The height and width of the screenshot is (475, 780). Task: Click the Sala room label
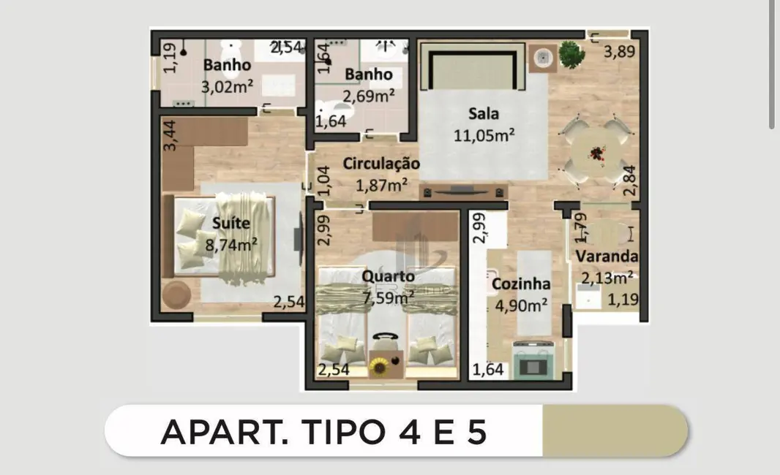pyautogui.click(x=483, y=114)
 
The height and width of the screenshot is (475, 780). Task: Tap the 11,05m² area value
pyautogui.click(x=483, y=134)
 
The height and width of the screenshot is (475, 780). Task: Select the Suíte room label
pyautogui.click(x=230, y=223)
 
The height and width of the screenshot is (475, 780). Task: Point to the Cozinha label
pyautogui.click(x=521, y=284)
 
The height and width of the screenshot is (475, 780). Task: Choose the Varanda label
pyautogui.click(x=606, y=256)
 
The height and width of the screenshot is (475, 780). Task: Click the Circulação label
pyautogui.click(x=381, y=164)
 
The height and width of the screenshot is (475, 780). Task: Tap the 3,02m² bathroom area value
pyautogui.click(x=227, y=86)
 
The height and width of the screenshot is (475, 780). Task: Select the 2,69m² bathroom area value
pyautogui.click(x=369, y=96)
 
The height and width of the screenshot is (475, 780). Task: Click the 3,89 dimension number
pyautogui.click(x=619, y=51)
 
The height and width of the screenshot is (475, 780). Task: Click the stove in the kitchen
pyautogui.click(x=533, y=360)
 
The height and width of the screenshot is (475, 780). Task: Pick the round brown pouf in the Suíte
pyautogui.click(x=176, y=295)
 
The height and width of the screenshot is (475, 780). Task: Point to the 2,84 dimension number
pyautogui.click(x=629, y=180)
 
